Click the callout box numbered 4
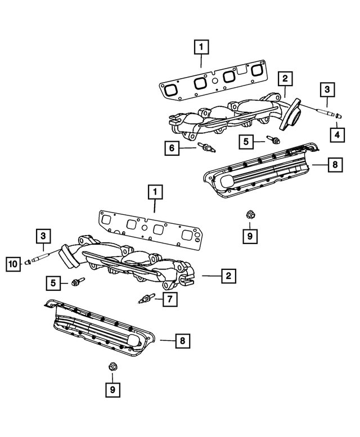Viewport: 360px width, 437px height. pos(337,134)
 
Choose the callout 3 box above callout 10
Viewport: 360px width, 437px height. pos(44,236)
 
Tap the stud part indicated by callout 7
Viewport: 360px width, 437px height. pos(146,299)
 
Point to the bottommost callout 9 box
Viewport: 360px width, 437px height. pos(112,389)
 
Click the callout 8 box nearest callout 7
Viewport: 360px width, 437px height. pos(182,340)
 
